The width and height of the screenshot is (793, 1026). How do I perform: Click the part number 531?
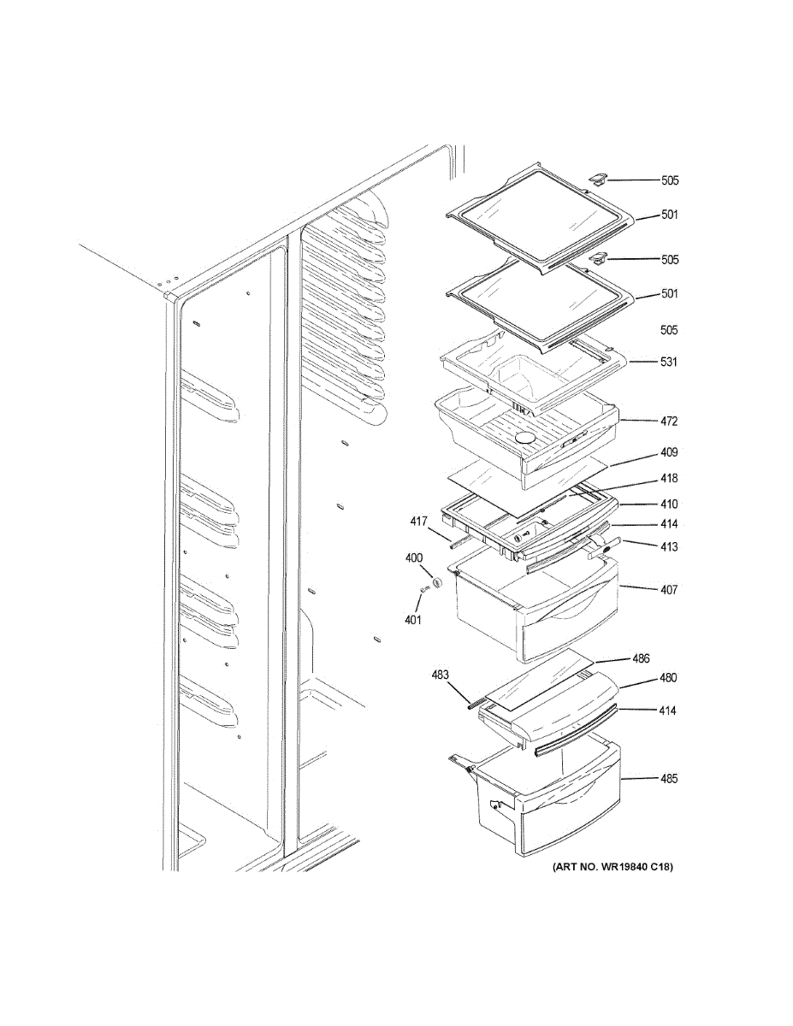(x=669, y=362)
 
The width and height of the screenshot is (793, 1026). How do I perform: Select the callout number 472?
(x=669, y=422)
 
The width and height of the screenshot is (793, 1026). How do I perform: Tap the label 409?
(x=669, y=452)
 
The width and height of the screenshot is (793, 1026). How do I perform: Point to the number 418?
(x=669, y=479)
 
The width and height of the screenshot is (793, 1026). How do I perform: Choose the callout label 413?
(x=669, y=547)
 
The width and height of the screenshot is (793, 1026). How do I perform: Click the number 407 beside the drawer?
(x=669, y=589)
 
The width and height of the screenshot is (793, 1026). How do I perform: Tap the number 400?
(x=414, y=558)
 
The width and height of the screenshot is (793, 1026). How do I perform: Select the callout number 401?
(x=413, y=620)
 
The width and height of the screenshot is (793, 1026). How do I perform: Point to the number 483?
(x=440, y=675)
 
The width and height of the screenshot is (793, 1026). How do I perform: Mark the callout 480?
(x=667, y=678)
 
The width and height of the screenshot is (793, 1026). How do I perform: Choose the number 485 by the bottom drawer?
(x=669, y=779)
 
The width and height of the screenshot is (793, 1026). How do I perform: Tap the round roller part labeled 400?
(x=437, y=582)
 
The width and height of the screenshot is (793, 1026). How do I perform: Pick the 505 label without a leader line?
(x=669, y=330)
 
